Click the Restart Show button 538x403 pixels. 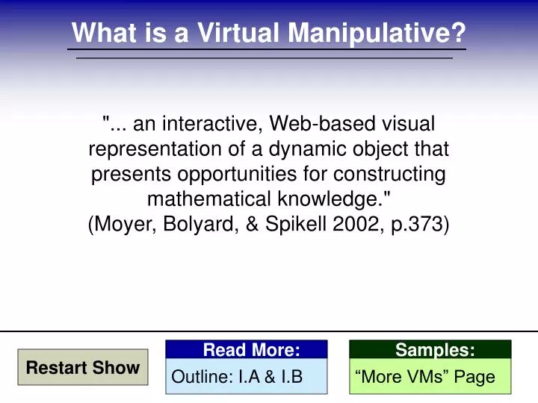83,367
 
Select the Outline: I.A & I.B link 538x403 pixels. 237,377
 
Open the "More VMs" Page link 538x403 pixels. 425,377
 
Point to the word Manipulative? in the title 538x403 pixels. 378,33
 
